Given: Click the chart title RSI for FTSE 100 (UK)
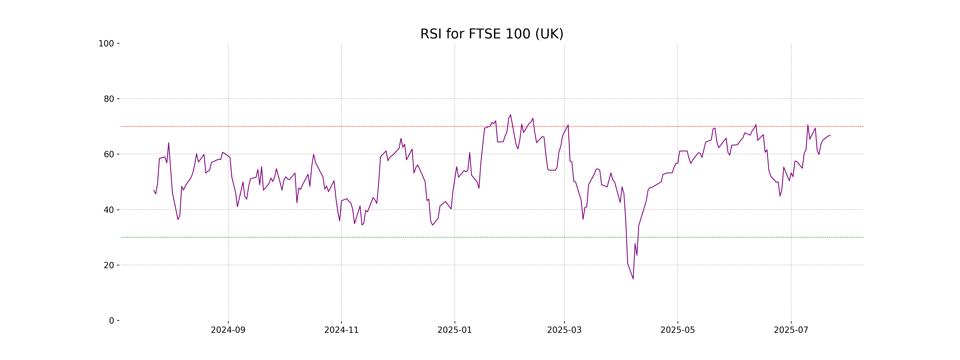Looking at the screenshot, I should [x=492, y=34].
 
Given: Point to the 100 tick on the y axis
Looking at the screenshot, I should [x=106, y=44].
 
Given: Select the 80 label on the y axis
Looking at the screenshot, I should [x=109, y=99].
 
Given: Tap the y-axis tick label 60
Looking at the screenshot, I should [x=109, y=154].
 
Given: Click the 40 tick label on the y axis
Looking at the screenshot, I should [x=109, y=210].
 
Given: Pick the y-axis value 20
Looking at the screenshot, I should [x=109, y=265].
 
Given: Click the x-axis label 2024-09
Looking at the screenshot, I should [x=228, y=330].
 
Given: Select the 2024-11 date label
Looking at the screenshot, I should [x=341, y=330].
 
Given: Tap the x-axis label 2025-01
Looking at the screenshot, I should [x=455, y=330].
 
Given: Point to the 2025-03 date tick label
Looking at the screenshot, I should [x=564, y=330].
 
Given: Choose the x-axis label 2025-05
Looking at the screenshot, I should [x=678, y=330].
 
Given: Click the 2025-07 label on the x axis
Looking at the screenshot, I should [x=791, y=330].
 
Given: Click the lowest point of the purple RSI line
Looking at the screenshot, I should [x=633, y=279].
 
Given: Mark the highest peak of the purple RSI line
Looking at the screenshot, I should [x=511, y=115].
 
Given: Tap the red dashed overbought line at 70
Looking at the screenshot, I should [x=298, y=126].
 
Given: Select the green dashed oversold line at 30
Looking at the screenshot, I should [x=298, y=237].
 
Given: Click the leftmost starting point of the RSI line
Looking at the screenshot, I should [x=154, y=190].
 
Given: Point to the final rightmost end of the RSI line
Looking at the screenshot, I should [x=830, y=136].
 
